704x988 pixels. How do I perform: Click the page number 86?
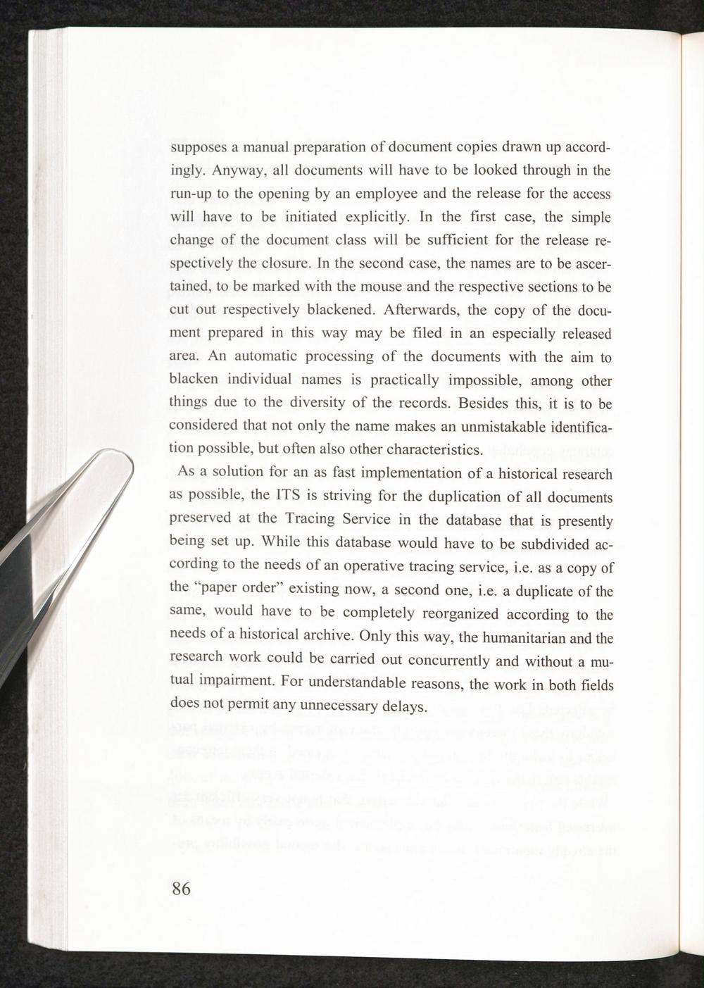[x=181, y=888]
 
